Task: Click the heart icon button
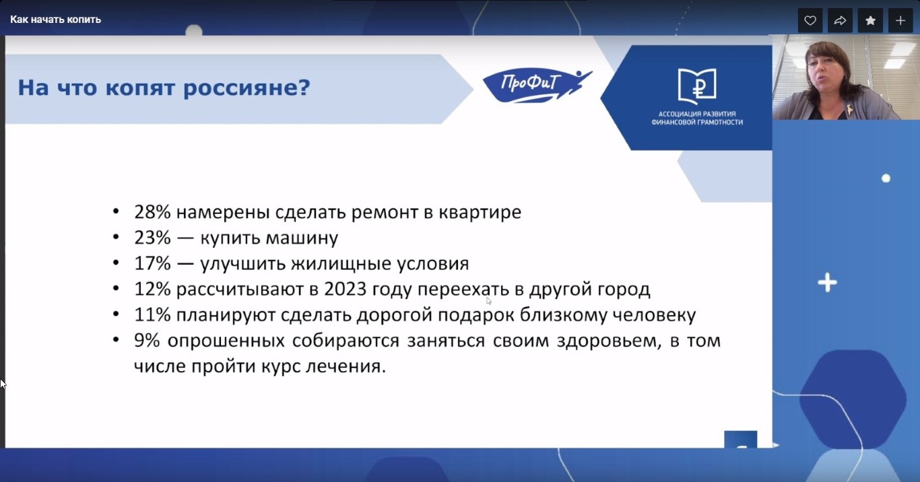point(810,20)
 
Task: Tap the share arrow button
point(840,20)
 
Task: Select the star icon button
point(870,20)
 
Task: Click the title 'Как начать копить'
point(55,20)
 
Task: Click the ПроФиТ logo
point(536,85)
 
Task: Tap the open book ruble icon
point(697,85)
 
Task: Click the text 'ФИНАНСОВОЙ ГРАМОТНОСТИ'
point(697,122)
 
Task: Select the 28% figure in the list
point(152,212)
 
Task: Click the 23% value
point(152,238)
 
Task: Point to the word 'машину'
point(302,238)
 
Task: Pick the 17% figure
point(152,263)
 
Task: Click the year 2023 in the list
point(345,289)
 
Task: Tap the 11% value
point(152,314)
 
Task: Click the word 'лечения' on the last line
point(346,366)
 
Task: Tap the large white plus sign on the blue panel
point(827,283)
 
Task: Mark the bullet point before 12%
point(116,289)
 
